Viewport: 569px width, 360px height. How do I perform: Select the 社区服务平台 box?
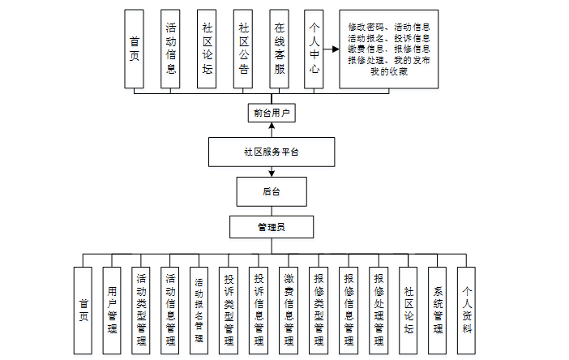(271, 152)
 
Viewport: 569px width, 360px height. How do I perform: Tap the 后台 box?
(271, 192)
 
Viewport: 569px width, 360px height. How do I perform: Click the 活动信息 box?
(171, 49)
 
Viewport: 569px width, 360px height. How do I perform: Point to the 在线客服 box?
(280, 49)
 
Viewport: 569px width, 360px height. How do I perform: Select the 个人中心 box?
(315, 49)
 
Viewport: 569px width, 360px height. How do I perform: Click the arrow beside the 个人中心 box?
(332, 49)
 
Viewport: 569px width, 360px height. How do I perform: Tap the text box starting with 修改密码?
(389, 49)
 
